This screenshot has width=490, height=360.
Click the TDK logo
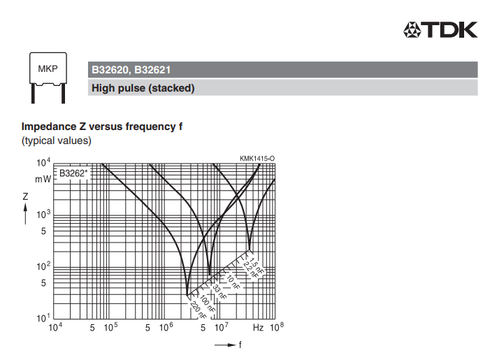point(440,29)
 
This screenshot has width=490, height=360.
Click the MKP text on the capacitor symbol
point(48,69)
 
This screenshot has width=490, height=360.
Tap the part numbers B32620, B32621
point(131,70)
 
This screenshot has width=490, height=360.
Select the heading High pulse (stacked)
point(143,88)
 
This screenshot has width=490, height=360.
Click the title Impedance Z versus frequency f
point(102,127)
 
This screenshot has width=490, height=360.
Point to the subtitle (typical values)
point(56,141)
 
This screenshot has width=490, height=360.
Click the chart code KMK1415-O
point(257,159)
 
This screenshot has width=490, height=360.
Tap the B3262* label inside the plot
point(73,173)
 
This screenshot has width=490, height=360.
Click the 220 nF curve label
point(198,310)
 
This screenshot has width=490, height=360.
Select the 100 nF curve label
point(207,303)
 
